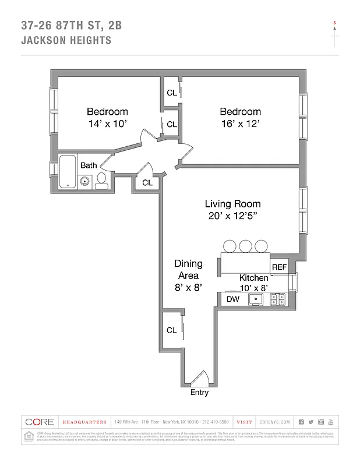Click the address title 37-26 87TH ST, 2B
(72, 25)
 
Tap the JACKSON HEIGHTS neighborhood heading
(66, 40)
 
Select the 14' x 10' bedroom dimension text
(107, 123)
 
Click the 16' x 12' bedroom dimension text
(240, 123)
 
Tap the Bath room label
(89, 165)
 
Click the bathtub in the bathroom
(69, 172)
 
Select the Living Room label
(232, 204)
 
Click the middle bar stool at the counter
(245, 246)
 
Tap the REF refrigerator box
(280, 267)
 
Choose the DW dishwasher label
(233, 299)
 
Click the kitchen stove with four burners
(278, 299)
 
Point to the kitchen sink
(256, 299)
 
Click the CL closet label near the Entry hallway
(171, 330)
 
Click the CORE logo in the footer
(40, 422)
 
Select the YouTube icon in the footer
(331, 422)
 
